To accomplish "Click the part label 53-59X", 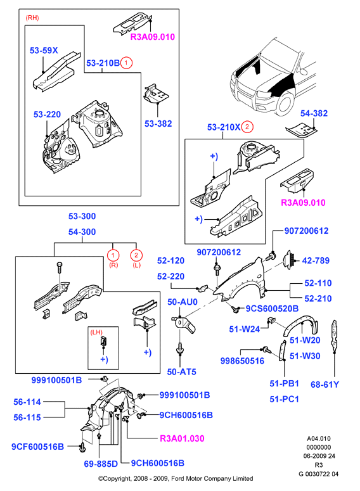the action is tap(44, 50).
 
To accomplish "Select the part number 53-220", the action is tap(47, 114).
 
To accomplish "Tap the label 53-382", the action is tap(158, 124).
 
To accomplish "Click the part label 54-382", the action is tap(314, 113).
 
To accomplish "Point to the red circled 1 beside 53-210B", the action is tap(126, 63).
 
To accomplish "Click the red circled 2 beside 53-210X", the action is tap(247, 127).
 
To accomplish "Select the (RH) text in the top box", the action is tap(32, 18).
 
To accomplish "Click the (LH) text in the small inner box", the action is tap(96, 332).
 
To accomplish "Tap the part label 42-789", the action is tap(316, 260).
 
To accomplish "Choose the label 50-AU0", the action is tap(183, 302).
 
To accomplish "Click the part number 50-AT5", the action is tap(182, 372).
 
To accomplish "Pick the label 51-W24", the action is tap(245, 329).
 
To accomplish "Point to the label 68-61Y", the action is tap(325, 384).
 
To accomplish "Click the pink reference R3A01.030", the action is tap(182, 438).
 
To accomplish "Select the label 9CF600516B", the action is tap(37, 447).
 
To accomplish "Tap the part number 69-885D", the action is tap(101, 464).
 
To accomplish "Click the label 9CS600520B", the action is tap(272, 309).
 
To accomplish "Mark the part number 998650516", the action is tap(242, 360).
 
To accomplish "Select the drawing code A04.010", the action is tap(319, 438).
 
